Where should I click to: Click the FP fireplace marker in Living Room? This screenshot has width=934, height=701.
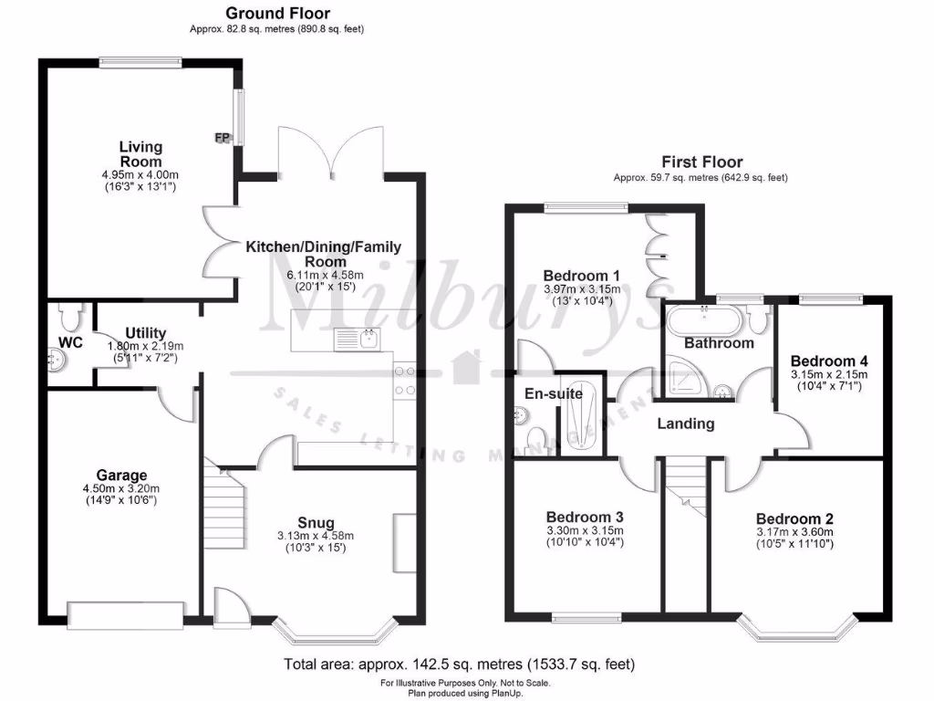(x=221, y=138)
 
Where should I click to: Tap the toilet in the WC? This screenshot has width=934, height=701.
(x=68, y=317)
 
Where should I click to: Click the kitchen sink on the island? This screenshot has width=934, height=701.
(x=368, y=340)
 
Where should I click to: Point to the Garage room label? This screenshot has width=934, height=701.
(x=122, y=475)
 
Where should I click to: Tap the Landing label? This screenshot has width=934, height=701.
(x=686, y=424)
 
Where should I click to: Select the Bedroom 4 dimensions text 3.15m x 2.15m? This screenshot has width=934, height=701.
(x=828, y=374)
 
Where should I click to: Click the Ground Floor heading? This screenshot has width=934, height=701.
(x=277, y=13)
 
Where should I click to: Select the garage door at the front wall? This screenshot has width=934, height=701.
(x=125, y=614)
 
